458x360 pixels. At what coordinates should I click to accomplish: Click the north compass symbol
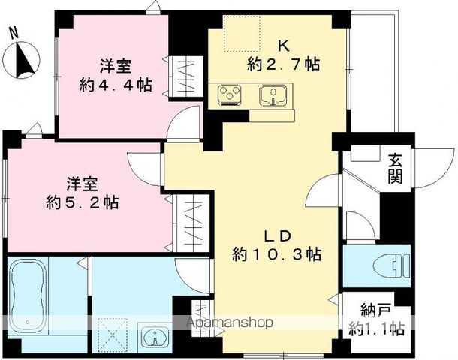(x=21, y=60)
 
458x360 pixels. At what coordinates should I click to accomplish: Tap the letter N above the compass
(x=14, y=33)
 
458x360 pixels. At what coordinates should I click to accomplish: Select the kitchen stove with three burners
(x=229, y=94)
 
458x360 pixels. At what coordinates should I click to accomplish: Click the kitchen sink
(x=273, y=95)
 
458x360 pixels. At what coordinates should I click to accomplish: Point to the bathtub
(x=27, y=298)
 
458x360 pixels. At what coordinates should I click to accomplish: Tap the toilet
(x=392, y=265)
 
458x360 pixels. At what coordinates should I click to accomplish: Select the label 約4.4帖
(x=116, y=85)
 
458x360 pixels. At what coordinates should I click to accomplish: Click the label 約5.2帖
(x=83, y=202)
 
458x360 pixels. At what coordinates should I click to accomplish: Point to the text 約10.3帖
(x=276, y=254)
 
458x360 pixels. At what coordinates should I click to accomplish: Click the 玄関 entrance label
(x=395, y=169)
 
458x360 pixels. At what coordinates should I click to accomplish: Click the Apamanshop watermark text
(x=230, y=322)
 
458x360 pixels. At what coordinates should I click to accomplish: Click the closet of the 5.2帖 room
(x=191, y=223)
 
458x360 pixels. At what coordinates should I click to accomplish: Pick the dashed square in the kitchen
(x=242, y=34)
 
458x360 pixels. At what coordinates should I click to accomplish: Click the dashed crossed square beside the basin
(x=113, y=334)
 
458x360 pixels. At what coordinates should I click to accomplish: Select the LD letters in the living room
(x=277, y=236)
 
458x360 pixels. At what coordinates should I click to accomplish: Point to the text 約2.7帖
(x=284, y=64)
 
